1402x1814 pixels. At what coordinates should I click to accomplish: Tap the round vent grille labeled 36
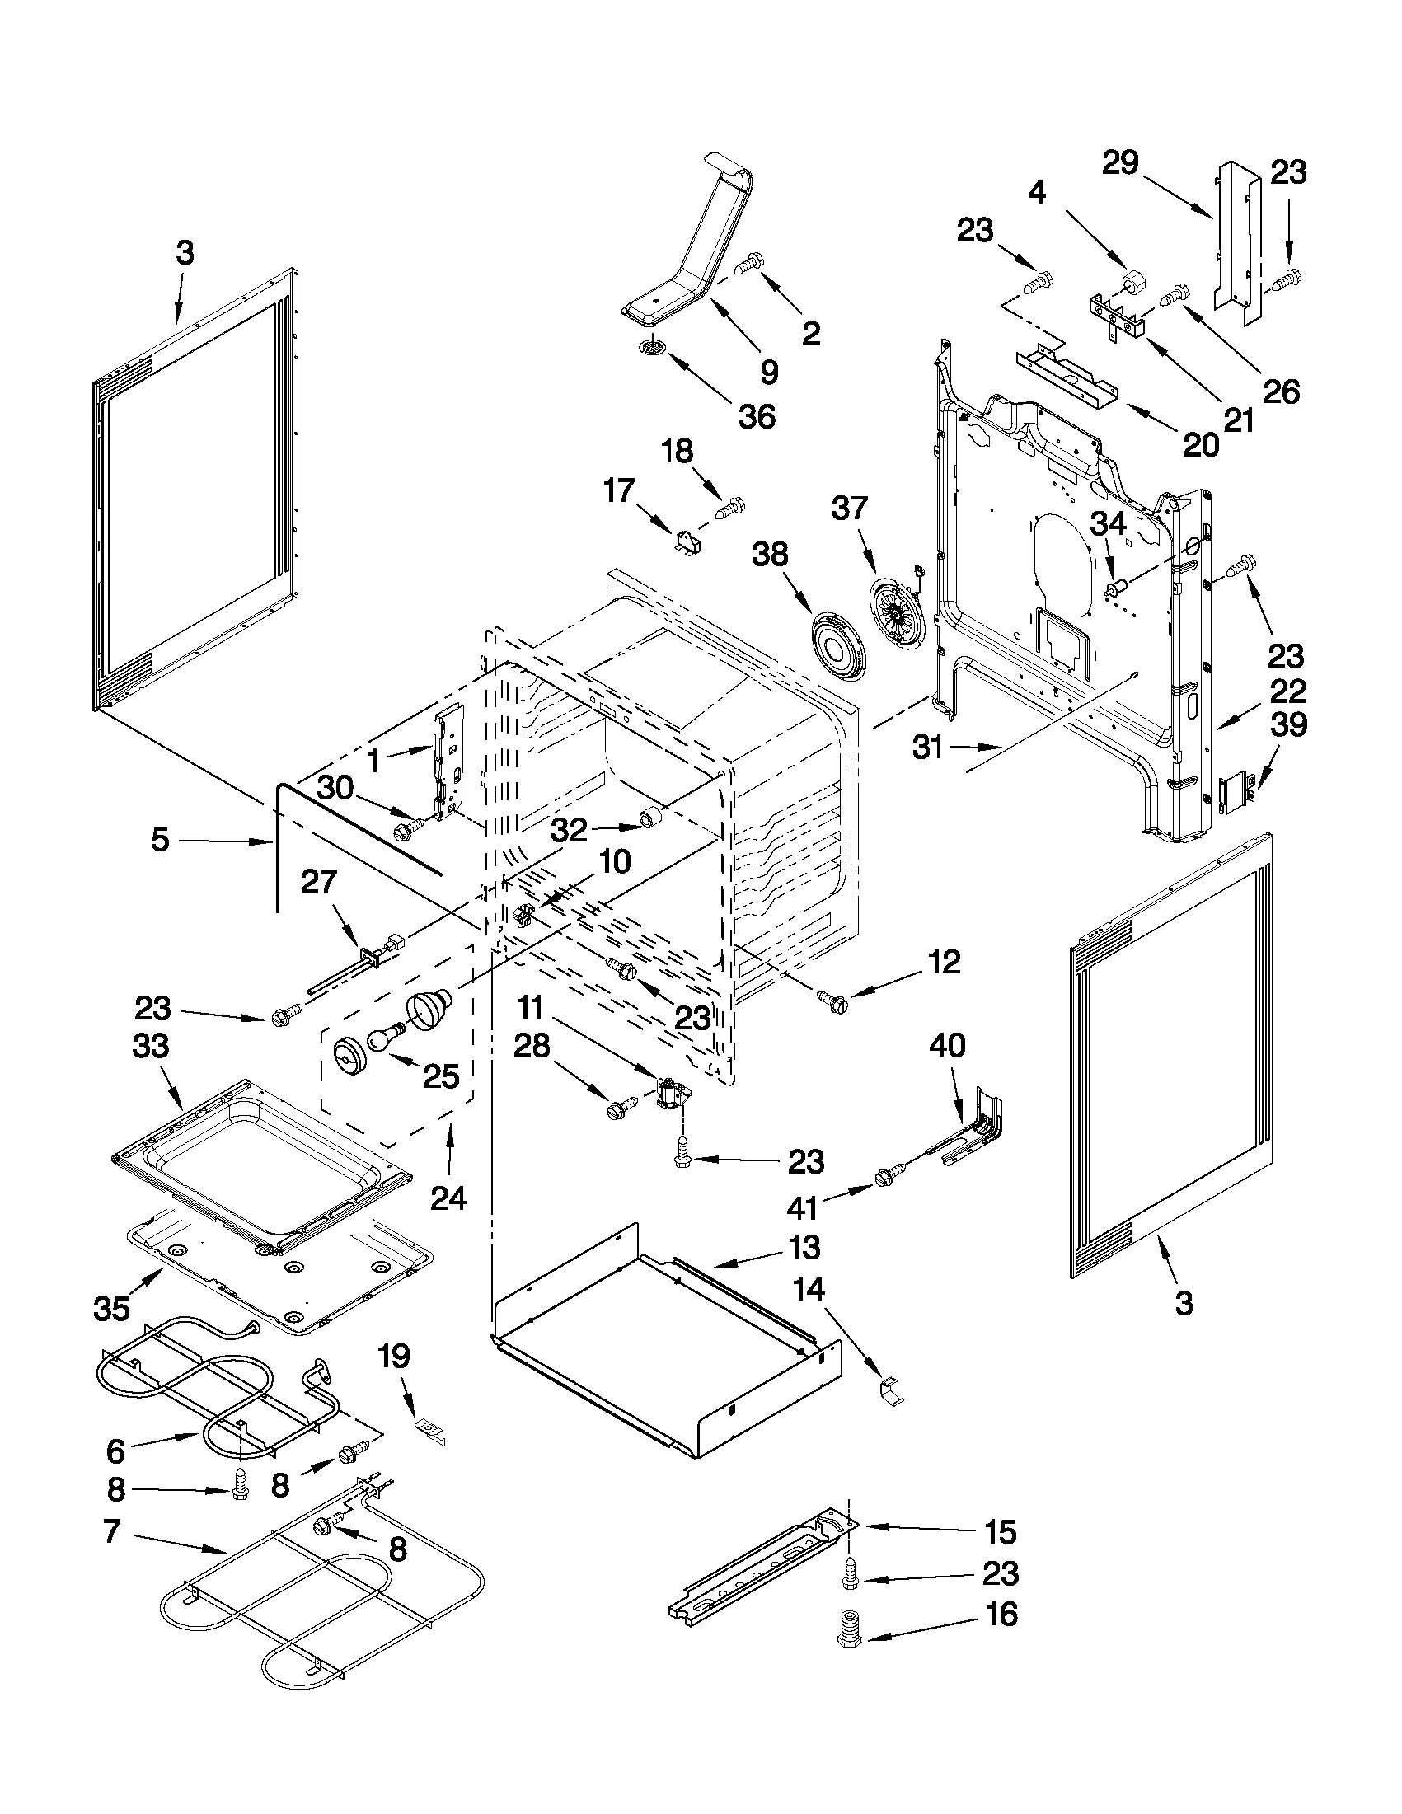[654, 347]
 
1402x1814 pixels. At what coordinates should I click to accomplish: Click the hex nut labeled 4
[1132, 284]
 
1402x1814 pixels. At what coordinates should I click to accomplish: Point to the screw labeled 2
[749, 264]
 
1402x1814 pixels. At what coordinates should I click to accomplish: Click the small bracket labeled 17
[687, 544]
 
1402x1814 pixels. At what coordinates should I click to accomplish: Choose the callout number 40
[946, 1045]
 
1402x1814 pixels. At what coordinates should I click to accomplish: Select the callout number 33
[150, 1046]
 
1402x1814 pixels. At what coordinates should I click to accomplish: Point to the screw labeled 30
[410, 826]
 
